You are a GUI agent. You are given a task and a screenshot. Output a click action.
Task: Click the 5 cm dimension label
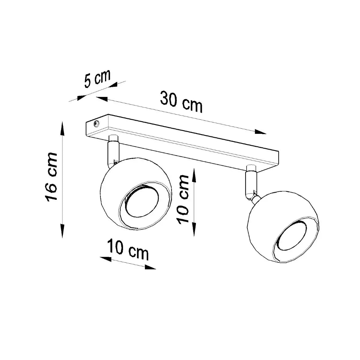97,79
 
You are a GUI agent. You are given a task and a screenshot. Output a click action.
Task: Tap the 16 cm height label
51,177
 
